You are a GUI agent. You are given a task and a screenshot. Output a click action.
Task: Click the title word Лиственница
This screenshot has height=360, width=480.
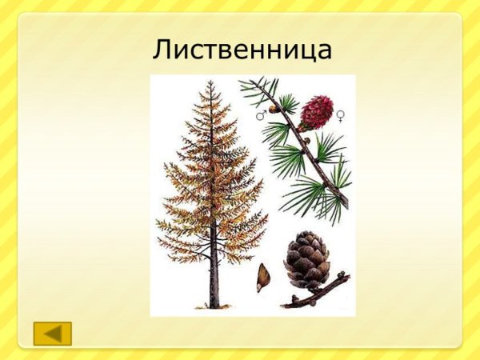[242, 50]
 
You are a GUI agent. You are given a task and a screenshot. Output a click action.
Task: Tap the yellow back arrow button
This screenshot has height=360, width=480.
[53, 333]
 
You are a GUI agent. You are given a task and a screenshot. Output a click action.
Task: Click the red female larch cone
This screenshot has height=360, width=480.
[316, 112]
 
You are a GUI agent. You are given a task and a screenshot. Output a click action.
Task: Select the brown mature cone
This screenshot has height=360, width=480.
[307, 258]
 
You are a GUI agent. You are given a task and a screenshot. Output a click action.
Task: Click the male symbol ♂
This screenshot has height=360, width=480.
[261, 116]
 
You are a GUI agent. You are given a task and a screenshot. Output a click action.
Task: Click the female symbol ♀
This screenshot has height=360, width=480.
[340, 117]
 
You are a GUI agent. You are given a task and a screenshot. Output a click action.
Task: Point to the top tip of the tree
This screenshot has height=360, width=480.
[210, 82]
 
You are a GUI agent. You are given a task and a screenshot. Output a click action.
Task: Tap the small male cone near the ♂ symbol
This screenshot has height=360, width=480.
[274, 108]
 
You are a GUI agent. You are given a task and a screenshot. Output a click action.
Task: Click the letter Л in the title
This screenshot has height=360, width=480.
[163, 50]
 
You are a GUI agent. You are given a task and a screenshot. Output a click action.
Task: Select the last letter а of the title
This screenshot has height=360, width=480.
[322, 52]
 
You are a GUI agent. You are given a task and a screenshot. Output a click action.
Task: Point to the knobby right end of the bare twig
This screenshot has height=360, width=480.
[346, 277]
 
